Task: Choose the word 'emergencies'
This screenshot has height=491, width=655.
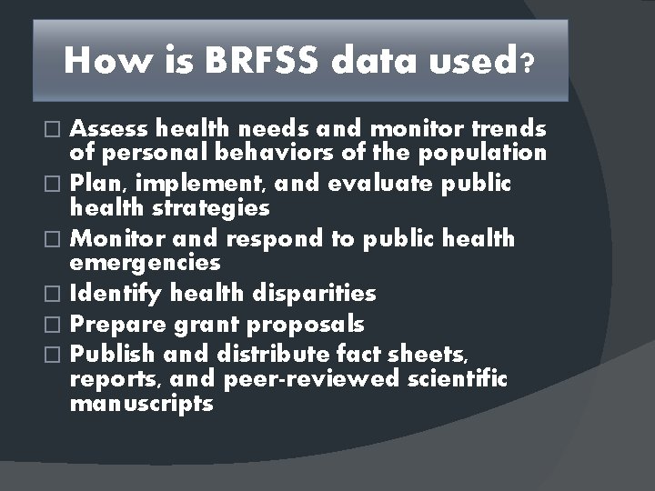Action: tap(145, 263)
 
